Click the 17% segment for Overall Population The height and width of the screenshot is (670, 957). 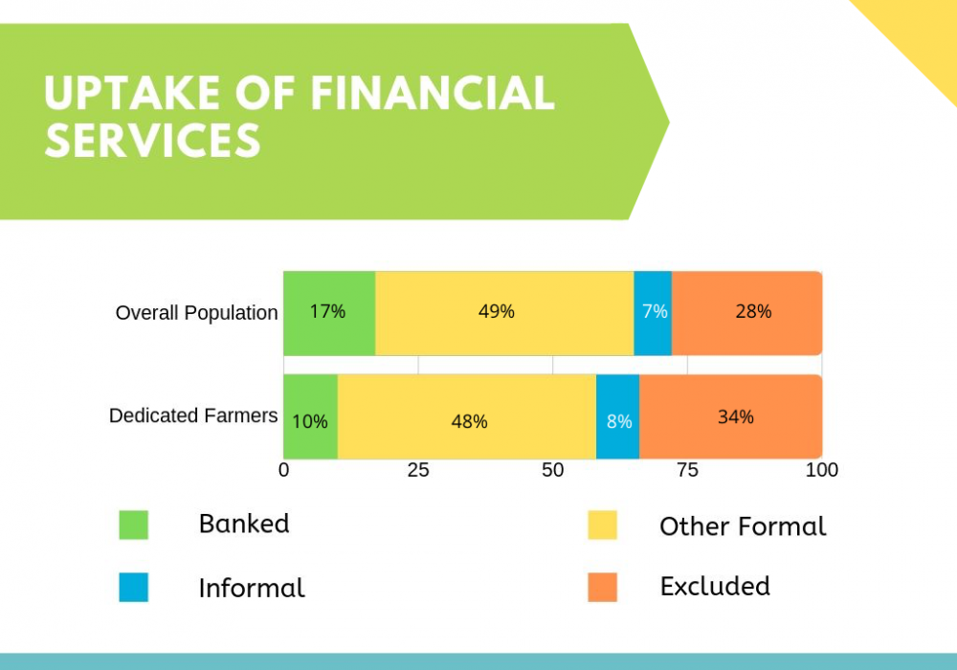pos(329,313)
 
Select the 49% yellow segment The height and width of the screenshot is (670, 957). pos(504,313)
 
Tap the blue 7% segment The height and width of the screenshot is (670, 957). pos(653,313)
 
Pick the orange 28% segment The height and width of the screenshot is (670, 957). pos(747,313)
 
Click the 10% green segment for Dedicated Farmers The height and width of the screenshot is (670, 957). pos(311,416)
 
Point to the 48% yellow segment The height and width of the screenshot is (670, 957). pos(467,416)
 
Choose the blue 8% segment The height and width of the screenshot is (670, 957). pos(617,416)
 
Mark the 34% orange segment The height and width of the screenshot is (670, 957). pos(731,416)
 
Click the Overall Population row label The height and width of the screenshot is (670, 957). pos(196,312)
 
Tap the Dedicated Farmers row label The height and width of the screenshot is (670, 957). pos(193,415)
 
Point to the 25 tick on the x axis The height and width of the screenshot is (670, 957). pos(418,470)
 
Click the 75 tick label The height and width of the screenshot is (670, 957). pos(687,470)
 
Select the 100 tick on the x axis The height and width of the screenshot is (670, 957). pos(821,470)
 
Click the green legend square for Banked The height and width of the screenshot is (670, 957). pos(134,525)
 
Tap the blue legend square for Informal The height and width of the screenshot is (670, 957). pos(134,587)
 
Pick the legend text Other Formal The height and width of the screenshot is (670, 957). pos(743,526)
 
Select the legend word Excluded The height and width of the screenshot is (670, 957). pos(715,586)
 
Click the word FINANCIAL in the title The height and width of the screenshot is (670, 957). pos(433,94)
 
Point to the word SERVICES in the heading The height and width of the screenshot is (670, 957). pos(152,141)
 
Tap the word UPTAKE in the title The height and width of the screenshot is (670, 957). pos(132,94)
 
